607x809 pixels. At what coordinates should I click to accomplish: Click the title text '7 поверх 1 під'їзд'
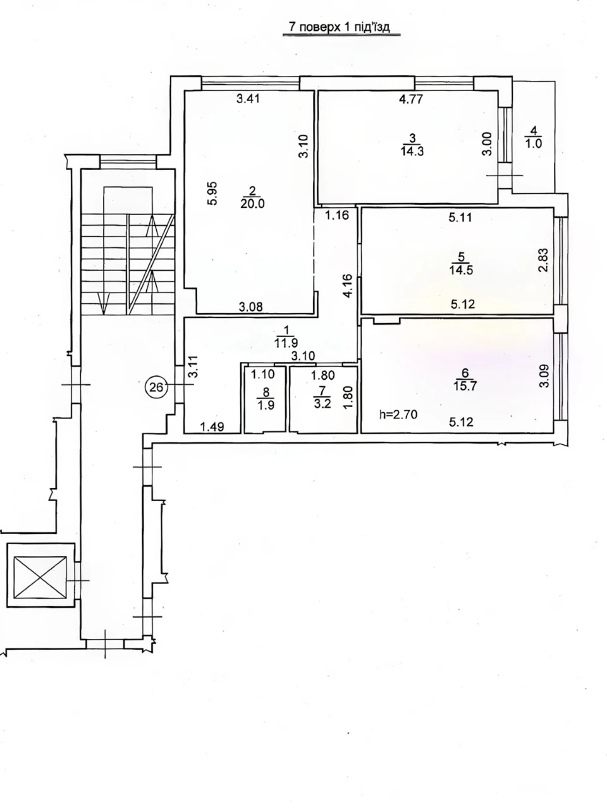340,28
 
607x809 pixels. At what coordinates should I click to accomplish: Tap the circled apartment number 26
157,387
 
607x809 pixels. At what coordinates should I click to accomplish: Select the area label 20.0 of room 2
252,203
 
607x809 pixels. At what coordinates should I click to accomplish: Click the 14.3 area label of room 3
412,151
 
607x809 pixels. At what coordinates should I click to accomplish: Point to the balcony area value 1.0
533,143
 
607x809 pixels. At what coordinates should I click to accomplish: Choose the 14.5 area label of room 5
461,270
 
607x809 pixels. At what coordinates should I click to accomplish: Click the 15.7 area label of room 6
465,386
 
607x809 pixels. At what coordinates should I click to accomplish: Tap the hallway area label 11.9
286,343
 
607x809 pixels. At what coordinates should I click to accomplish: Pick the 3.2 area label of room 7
323,403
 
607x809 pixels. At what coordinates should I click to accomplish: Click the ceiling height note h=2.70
398,415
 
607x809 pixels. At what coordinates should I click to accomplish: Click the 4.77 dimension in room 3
411,99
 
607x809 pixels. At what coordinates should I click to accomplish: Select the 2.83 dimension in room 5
544,260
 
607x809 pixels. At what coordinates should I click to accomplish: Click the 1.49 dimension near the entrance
212,427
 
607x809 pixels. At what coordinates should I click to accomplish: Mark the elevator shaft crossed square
40,578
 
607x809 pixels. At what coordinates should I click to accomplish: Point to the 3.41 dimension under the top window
248,99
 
